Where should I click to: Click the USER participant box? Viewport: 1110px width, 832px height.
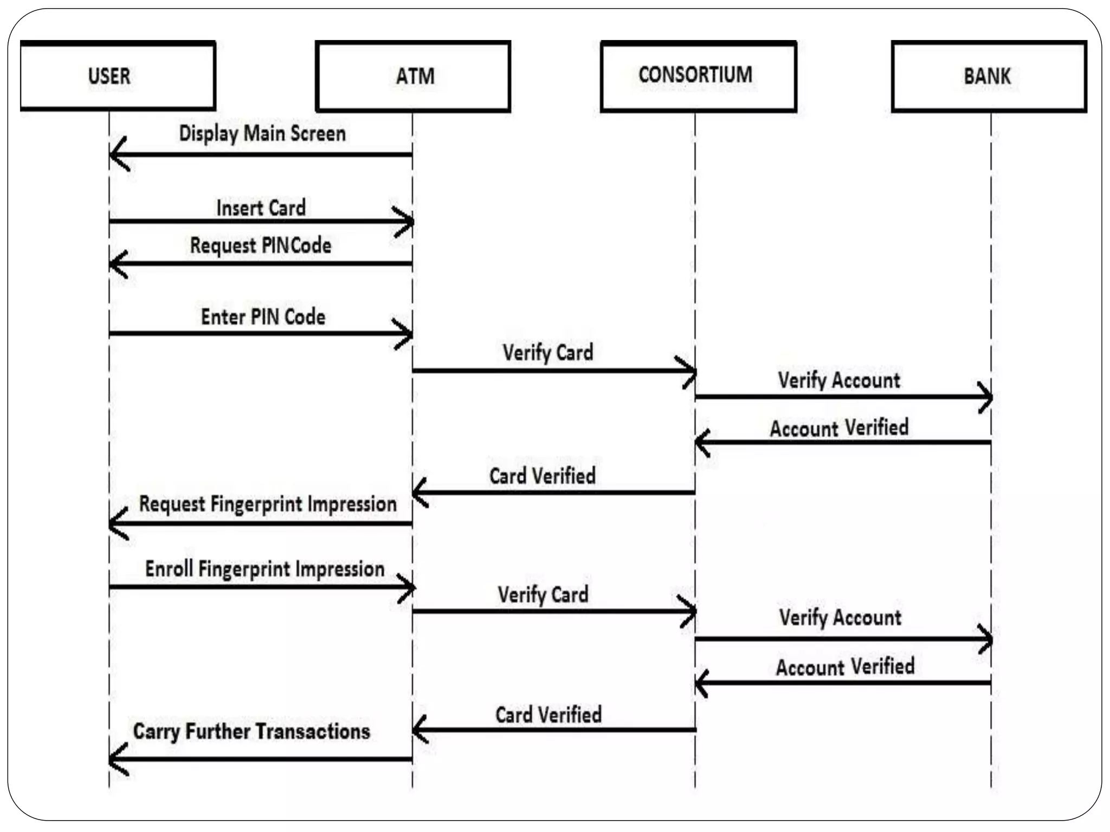(118, 76)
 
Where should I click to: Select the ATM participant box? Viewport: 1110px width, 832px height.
(413, 76)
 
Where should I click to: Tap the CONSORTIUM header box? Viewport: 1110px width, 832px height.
(698, 76)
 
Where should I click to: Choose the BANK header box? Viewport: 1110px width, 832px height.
(989, 76)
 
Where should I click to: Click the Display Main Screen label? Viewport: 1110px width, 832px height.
(262, 133)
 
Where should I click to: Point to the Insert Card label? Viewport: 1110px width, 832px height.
(261, 208)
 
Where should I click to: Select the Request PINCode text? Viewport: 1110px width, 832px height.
(261, 245)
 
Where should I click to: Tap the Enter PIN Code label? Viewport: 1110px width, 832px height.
(263, 317)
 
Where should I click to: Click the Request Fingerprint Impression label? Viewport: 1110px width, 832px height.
(268, 504)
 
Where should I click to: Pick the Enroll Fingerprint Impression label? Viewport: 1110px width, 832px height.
(264, 569)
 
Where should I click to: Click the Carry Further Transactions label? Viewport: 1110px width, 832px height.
(251, 731)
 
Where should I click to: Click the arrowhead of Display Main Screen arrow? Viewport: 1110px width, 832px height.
(116, 154)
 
